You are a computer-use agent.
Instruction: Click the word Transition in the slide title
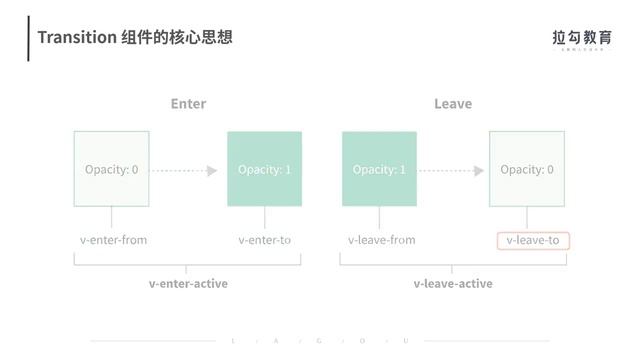point(70,38)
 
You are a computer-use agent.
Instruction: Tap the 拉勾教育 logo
point(581,38)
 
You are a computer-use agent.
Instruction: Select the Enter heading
point(188,104)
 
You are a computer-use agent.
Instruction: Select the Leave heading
point(453,104)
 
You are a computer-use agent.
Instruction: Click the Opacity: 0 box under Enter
point(111,169)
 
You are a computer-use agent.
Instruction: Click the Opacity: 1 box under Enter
point(264,169)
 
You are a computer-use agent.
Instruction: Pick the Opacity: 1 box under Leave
point(379,169)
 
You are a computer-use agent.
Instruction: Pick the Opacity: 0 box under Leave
point(527,169)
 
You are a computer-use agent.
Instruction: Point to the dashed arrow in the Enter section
point(184,171)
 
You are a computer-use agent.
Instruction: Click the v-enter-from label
point(113,240)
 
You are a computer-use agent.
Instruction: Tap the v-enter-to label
point(264,240)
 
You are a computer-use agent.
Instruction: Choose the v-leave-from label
point(381,240)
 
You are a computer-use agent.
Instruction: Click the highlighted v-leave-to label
point(533,240)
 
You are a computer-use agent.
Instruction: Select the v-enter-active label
point(188,283)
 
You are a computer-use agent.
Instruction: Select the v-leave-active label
point(453,283)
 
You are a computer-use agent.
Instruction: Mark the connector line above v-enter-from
point(111,218)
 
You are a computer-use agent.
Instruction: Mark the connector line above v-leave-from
point(379,218)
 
